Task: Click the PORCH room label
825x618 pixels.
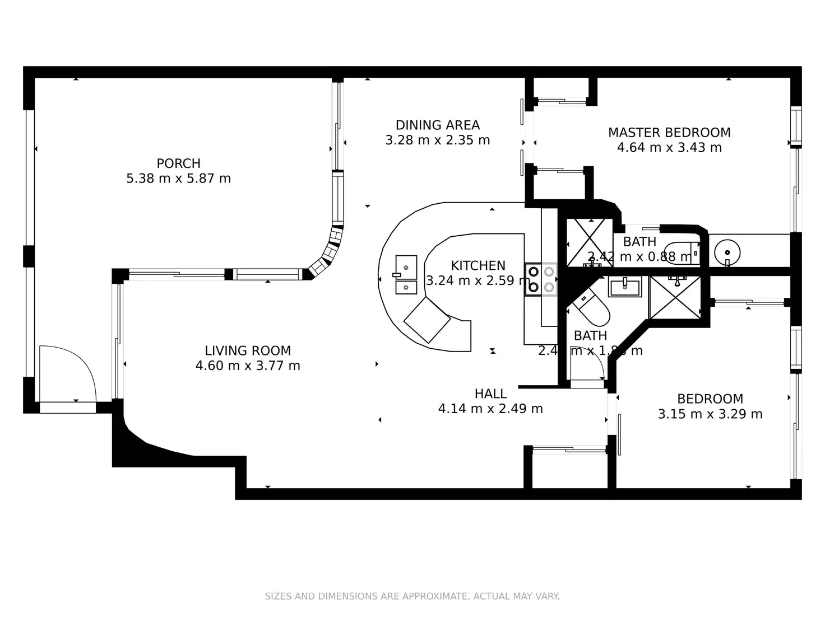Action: [x=178, y=163]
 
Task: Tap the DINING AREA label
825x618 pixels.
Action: [x=437, y=125]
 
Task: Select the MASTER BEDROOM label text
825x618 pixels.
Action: [x=669, y=133]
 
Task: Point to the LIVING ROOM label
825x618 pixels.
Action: [x=248, y=350]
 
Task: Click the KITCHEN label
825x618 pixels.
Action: [x=478, y=265]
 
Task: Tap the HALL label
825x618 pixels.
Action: [x=490, y=394]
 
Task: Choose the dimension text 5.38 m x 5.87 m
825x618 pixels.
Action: [x=178, y=179]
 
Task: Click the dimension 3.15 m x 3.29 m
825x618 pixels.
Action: [x=710, y=414]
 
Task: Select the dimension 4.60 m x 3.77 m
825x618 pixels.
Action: [x=248, y=366]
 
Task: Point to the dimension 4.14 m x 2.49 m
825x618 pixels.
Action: [x=490, y=409]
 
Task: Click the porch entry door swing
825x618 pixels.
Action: [x=66, y=372]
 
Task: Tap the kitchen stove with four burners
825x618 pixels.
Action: [x=541, y=279]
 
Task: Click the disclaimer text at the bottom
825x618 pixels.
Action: [x=412, y=596]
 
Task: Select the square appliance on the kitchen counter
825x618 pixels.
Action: [x=427, y=320]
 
